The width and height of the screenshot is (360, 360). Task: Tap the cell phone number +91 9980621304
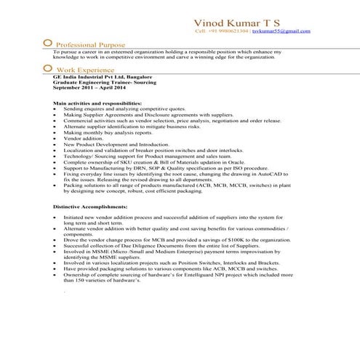(x=222, y=32)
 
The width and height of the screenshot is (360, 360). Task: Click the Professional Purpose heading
(x=91, y=44)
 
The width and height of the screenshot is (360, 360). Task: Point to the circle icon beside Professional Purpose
(x=48, y=43)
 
